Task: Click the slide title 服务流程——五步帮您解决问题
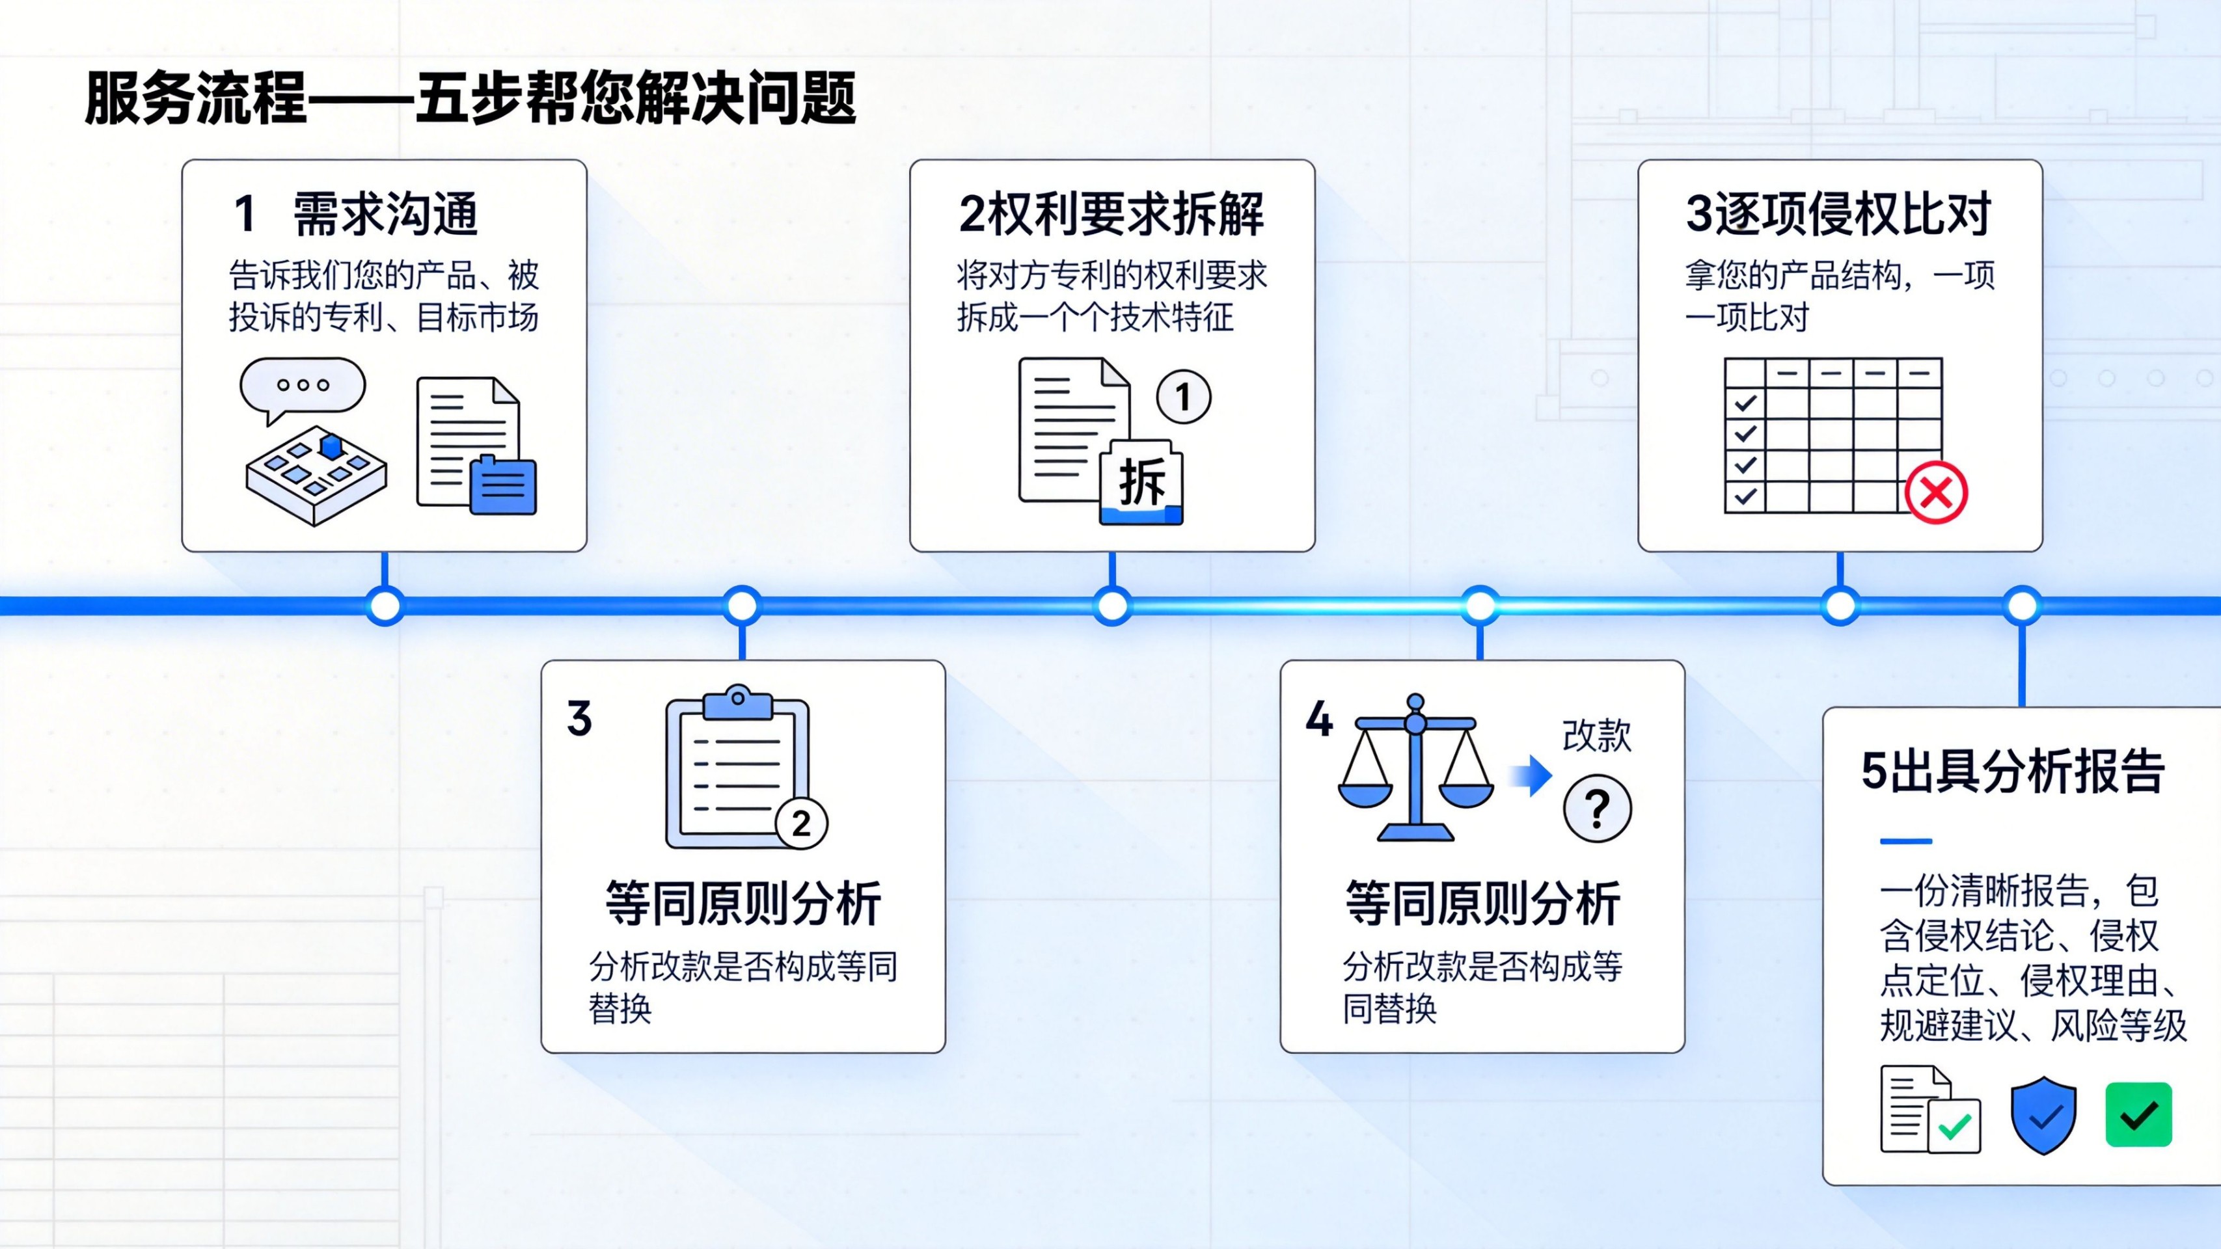click(x=470, y=98)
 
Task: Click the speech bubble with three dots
click(x=302, y=386)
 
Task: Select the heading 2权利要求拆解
click(x=1111, y=214)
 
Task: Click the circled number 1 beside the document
click(x=1183, y=397)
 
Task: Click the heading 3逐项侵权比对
click(x=1838, y=214)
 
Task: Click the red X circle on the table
click(x=1935, y=493)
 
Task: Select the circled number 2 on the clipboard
click(x=801, y=824)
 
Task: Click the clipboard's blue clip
click(x=737, y=703)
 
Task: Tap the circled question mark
click(x=1597, y=809)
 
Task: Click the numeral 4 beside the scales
click(x=1319, y=719)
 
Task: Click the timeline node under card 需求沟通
click(x=385, y=606)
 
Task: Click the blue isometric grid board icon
click(x=316, y=473)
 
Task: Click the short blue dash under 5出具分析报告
click(x=1905, y=840)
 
